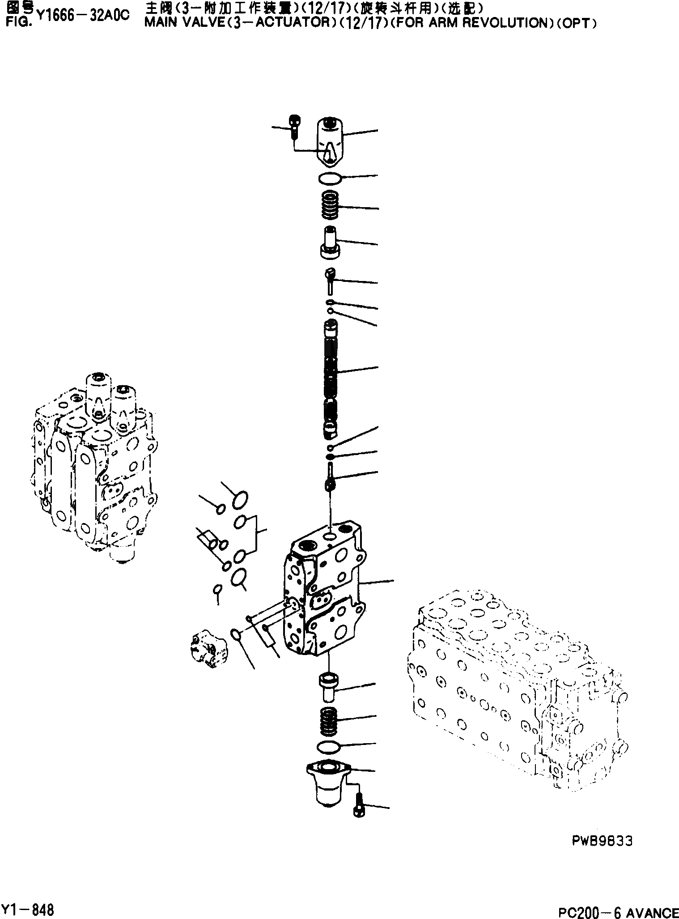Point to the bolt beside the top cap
tap(294, 126)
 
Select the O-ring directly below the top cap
tap(330, 178)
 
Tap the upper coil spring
tap(331, 205)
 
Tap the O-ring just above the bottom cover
tap(329, 746)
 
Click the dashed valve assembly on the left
tap(94, 465)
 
